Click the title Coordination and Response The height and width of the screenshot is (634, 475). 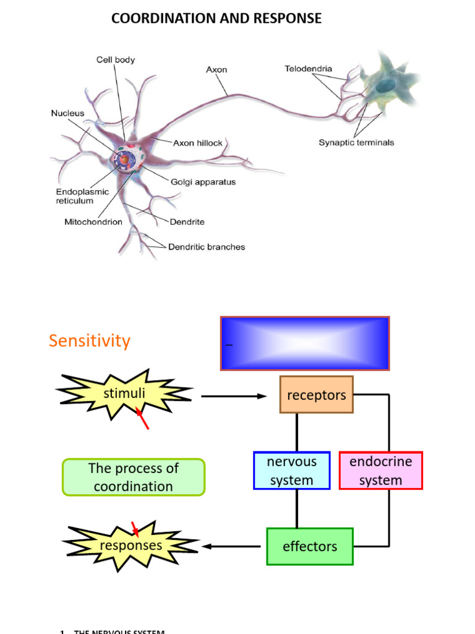(x=216, y=19)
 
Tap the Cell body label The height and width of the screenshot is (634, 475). (x=115, y=60)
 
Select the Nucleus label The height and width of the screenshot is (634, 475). (x=67, y=113)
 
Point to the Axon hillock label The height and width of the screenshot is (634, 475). (x=197, y=143)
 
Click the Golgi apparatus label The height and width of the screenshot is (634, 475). (x=203, y=182)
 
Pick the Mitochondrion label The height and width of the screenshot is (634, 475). (x=93, y=221)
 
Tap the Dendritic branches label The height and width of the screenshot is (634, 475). (x=207, y=246)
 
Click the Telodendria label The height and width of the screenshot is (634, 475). (x=308, y=69)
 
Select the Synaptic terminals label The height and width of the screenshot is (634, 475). (x=356, y=142)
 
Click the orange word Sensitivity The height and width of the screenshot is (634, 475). (x=90, y=341)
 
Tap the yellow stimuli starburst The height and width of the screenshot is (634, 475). (x=124, y=394)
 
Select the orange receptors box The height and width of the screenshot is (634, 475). (x=316, y=395)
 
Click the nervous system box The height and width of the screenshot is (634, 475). (x=291, y=471)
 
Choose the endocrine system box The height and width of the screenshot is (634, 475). (x=380, y=471)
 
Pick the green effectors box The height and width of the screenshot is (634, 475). (x=309, y=546)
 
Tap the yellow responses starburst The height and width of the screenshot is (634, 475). (x=131, y=545)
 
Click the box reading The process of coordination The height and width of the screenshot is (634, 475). (x=133, y=477)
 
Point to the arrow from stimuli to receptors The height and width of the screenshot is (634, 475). (x=234, y=396)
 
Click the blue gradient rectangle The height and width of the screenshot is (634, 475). (x=305, y=344)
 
